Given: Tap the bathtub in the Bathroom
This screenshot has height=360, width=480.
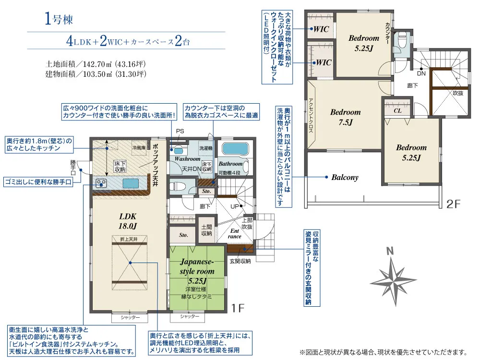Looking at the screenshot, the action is click(235, 149).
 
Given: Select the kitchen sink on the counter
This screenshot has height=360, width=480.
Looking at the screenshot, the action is click(131, 183).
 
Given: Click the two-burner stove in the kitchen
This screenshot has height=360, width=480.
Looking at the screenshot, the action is click(101, 183).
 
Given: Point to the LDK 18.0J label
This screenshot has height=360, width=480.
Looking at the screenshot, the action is click(128, 221).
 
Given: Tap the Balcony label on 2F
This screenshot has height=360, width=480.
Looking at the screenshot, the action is click(345, 177).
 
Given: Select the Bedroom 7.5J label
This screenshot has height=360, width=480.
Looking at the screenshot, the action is click(345, 117).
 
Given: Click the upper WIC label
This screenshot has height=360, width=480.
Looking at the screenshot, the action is click(321, 29).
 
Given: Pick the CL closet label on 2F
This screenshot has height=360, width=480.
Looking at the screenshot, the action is click(397, 110).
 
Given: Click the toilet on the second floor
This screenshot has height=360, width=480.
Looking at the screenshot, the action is click(401, 40).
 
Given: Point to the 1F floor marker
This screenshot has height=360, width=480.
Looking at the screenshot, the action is click(238, 308).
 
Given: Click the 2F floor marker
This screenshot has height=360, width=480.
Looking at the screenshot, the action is click(453, 204).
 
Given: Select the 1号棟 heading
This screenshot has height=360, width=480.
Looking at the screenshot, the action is click(59, 19).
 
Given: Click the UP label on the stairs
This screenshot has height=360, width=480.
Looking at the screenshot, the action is click(234, 206).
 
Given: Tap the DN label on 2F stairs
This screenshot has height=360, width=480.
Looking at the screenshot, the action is click(421, 73).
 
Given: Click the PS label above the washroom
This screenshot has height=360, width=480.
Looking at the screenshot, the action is click(180, 131).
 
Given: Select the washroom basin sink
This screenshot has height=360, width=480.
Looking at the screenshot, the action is click(178, 151).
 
